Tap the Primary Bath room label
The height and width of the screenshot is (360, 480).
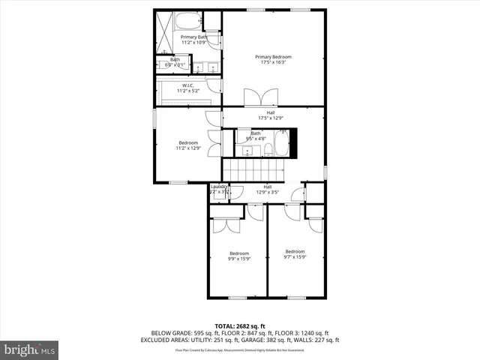(x=193, y=39)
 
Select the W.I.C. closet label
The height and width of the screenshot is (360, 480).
(x=188, y=88)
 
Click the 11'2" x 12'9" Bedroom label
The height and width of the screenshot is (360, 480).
(x=188, y=145)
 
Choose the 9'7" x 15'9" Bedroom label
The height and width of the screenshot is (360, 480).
(x=295, y=254)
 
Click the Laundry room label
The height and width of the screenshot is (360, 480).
(x=219, y=190)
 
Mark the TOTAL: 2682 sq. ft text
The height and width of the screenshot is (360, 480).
(x=240, y=325)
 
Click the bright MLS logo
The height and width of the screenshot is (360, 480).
(x=30, y=349)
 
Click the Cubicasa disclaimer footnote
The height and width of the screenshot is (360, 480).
(x=240, y=349)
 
